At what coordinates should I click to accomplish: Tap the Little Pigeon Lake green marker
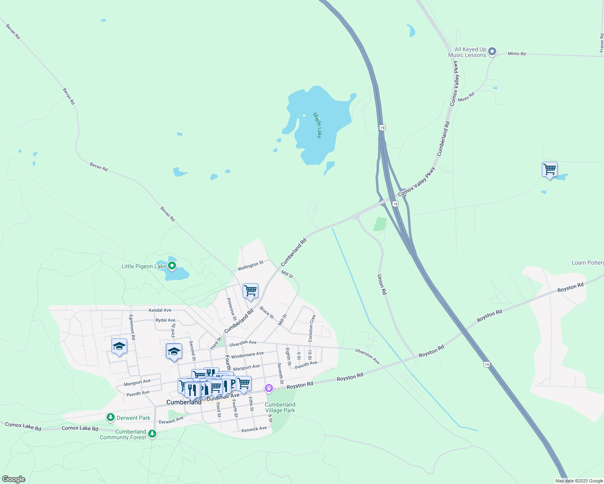172,266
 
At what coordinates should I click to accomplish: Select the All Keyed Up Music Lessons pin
492,52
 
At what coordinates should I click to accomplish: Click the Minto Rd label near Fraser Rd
517,54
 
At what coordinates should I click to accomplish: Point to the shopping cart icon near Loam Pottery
549,169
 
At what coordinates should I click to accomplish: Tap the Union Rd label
382,284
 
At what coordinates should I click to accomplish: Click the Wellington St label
250,265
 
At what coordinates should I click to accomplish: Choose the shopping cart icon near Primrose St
250,291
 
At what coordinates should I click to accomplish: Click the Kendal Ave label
160,310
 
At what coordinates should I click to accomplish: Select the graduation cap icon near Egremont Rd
119,346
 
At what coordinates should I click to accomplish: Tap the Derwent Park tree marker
111,417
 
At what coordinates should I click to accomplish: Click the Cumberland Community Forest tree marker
152,434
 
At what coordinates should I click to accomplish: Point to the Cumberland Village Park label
280,407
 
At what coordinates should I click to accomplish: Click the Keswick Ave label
254,429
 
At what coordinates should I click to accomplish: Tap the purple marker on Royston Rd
269,388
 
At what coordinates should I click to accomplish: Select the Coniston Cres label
312,328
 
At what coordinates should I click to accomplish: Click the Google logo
13,479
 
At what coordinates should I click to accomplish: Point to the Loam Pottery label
587,263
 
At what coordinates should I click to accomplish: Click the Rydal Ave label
166,320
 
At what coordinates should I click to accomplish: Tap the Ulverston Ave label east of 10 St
367,356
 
